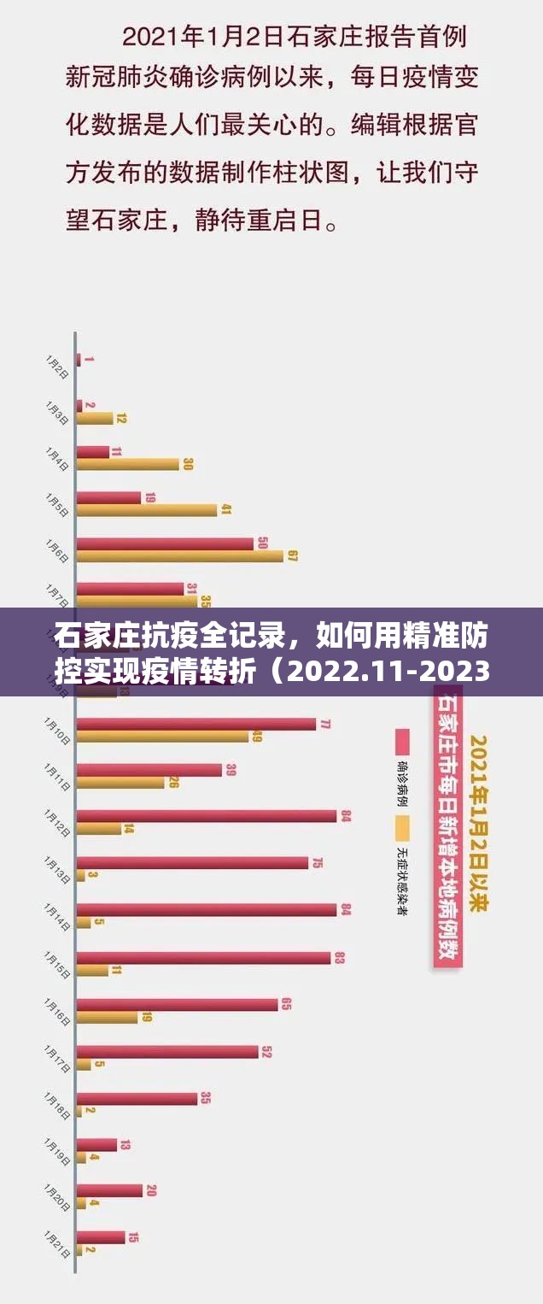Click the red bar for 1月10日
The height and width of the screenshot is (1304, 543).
[196, 724]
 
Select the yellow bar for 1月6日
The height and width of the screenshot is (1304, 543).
[179, 555]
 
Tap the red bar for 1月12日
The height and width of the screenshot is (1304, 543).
[206, 816]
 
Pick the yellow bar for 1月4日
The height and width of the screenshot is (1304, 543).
[127, 464]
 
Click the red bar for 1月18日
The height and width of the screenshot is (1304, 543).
[137, 1098]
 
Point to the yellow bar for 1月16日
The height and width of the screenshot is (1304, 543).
[107, 1018]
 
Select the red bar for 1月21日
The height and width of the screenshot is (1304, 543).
[101, 1236]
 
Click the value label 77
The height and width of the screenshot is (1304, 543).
[325, 723]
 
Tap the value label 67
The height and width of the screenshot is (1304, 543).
[292, 555]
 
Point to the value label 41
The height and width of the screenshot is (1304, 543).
[226, 509]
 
